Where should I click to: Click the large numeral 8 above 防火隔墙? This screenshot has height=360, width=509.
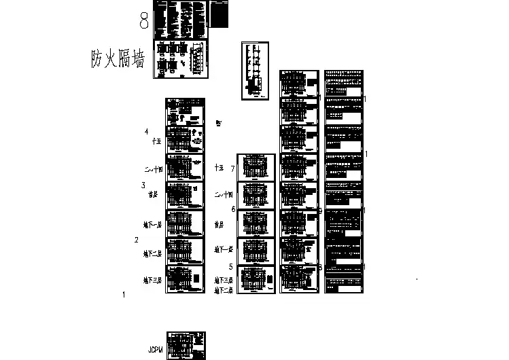[x=144, y=21]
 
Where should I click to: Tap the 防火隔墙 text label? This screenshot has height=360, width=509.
[x=118, y=60]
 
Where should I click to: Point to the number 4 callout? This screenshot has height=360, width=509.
[x=146, y=132]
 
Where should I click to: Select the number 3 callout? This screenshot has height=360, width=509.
[x=143, y=185]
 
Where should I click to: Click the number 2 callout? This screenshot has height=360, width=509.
[x=137, y=240]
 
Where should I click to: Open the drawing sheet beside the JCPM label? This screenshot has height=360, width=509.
[x=186, y=346]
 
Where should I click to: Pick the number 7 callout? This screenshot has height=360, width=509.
[x=232, y=168]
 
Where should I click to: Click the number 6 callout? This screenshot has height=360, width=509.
[x=233, y=209]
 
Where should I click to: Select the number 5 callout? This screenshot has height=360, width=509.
[x=231, y=267]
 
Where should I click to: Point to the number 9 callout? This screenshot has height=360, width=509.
[x=320, y=211]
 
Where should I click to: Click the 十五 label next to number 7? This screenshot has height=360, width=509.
[x=220, y=167]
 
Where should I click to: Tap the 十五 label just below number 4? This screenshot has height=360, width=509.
[x=157, y=141]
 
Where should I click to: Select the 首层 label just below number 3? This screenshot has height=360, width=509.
[x=153, y=194]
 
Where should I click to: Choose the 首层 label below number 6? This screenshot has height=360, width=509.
[x=219, y=223]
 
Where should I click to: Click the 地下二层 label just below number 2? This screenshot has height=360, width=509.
[x=152, y=254]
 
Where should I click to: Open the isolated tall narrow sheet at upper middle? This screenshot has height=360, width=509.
[x=254, y=71]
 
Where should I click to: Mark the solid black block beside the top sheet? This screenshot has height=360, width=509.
[x=220, y=15]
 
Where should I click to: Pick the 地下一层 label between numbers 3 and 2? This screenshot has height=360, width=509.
[x=152, y=225]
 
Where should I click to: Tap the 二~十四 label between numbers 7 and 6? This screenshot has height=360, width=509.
[x=224, y=195]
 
